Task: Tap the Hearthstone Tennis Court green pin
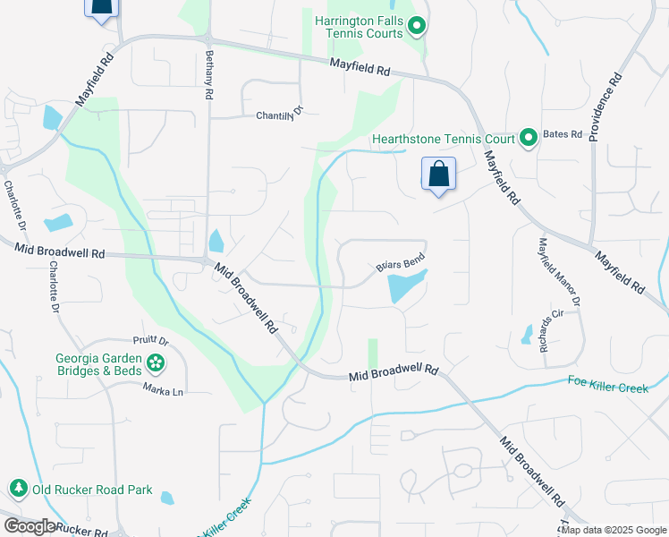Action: [x=528, y=138]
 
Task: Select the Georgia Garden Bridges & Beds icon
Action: [x=157, y=362]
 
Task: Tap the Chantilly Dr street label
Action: [x=280, y=114]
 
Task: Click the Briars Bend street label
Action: [x=399, y=263]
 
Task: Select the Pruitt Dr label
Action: [x=151, y=341]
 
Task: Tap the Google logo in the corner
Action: [x=30, y=525]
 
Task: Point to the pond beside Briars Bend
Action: [x=405, y=286]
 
